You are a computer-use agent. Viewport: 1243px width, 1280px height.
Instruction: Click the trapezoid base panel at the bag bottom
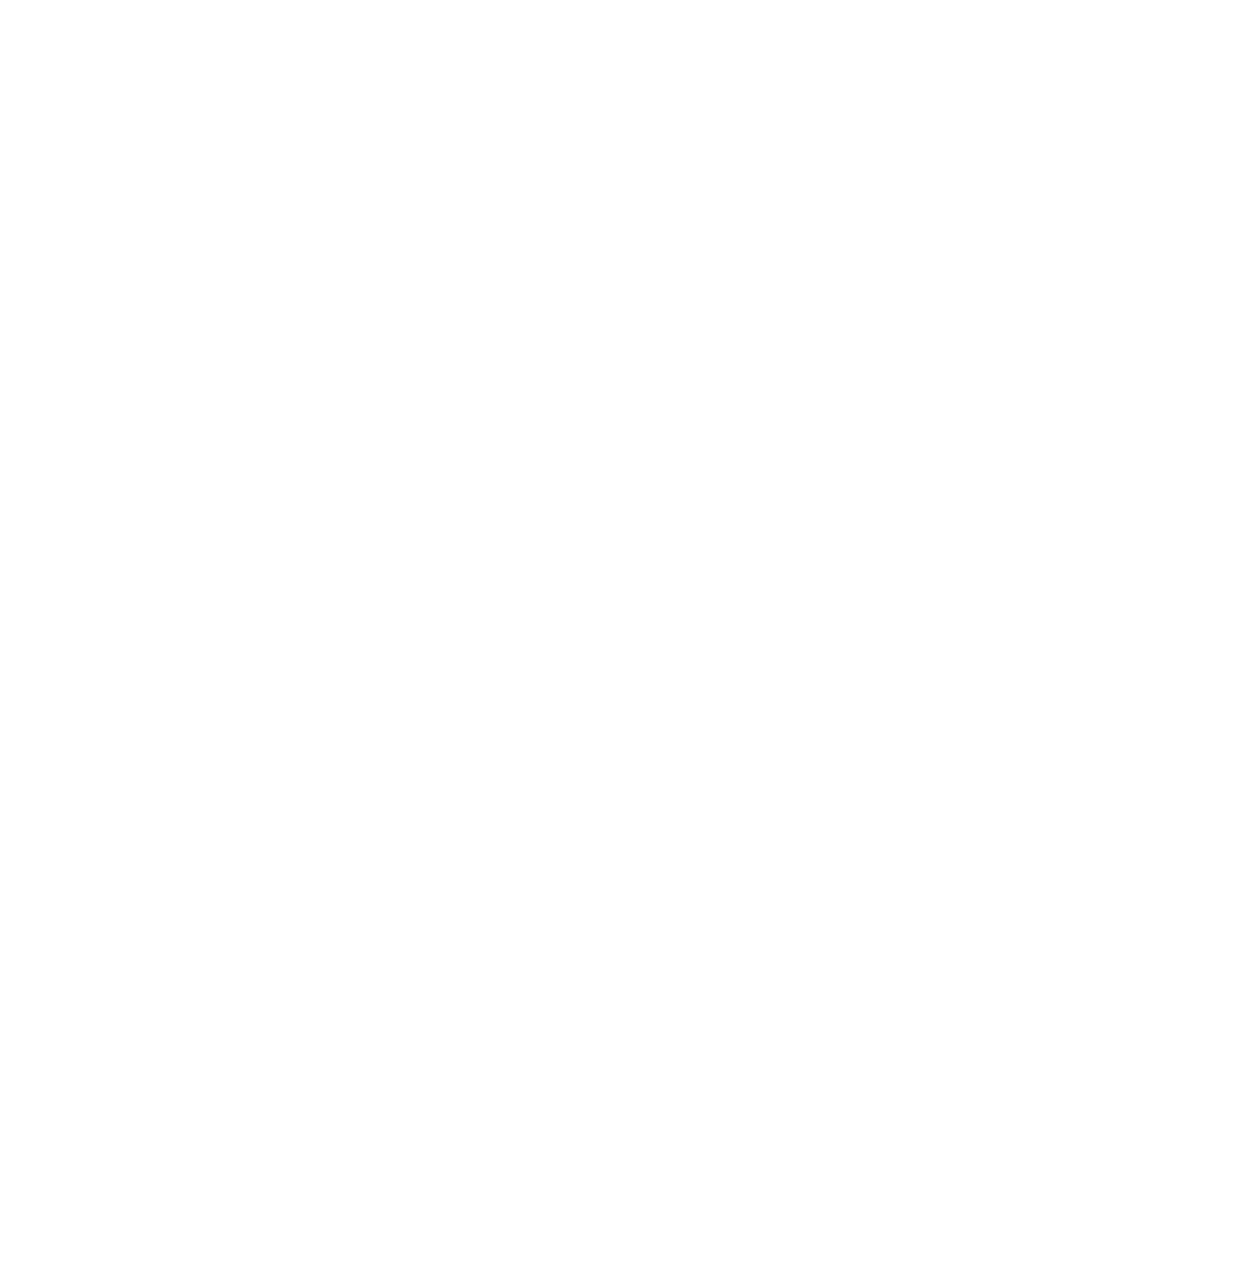click(x=564, y=1116)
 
